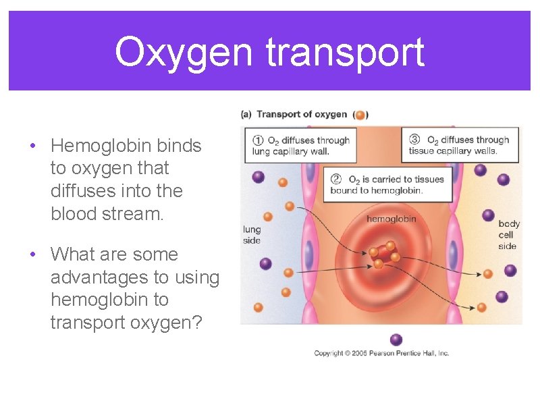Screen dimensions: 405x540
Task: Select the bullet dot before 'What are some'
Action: (32, 255)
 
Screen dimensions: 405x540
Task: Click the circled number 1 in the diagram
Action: (258, 140)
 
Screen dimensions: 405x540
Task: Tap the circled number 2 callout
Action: (336, 180)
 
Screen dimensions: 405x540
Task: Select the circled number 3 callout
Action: (414, 140)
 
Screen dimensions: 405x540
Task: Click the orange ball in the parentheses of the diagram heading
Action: (360, 115)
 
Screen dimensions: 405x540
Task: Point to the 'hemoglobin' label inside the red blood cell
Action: (391, 219)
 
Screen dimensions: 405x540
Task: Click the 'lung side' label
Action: (251, 235)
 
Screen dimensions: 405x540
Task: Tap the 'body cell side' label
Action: (508, 235)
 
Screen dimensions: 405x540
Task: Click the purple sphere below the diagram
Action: (396, 339)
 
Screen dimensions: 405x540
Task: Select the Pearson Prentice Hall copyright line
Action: (381, 353)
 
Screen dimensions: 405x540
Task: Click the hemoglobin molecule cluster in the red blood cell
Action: (384, 254)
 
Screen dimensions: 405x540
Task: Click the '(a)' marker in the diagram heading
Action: (246, 115)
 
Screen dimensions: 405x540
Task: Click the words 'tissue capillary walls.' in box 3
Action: (453, 151)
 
